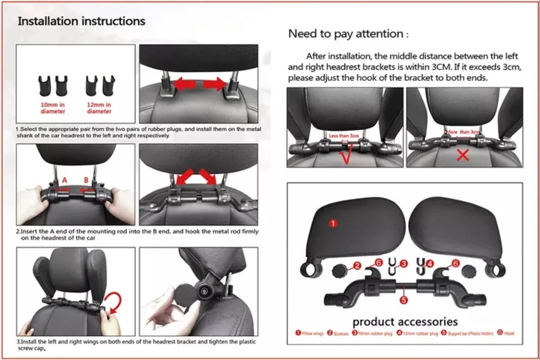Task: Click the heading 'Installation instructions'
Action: (81, 21)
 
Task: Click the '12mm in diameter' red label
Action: (99, 108)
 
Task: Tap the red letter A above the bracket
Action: (64, 180)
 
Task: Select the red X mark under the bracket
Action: (463, 155)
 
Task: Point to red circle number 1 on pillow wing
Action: (333, 223)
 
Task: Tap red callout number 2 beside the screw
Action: (357, 266)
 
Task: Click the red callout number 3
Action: (404, 264)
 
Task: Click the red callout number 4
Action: (431, 264)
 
